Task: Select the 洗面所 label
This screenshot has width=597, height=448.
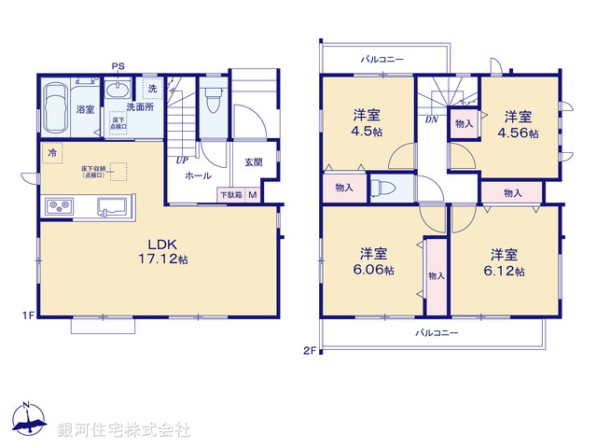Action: (x=140, y=107)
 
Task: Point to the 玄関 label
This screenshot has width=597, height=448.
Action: (x=254, y=162)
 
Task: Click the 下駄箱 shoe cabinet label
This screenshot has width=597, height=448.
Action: (x=230, y=194)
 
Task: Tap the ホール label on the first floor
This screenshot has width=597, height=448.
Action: (x=197, y=175)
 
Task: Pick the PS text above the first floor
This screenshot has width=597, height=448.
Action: (x=118, y=66)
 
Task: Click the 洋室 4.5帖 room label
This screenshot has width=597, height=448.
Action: (x=366, y=122)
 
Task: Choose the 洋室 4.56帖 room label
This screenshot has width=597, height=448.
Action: (x=520, y=124)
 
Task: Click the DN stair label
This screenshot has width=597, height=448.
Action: (x=432, y=119)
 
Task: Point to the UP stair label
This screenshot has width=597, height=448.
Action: (x=181, y=160)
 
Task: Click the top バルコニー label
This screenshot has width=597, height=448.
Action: (x=382, y=60)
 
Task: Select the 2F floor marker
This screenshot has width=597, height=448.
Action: (x=310, y=350)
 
